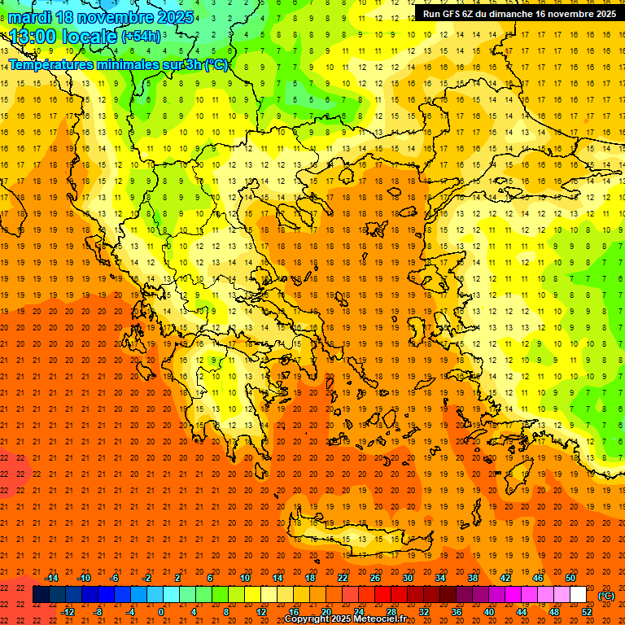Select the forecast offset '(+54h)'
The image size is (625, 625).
[142, 36]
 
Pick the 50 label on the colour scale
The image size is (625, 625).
[570, 578]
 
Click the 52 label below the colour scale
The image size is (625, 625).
[587, 612]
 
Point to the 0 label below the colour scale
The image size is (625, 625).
[162, 612]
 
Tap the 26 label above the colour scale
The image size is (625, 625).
[375, 578]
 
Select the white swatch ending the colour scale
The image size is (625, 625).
[578, 595]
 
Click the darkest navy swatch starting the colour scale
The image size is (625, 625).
[41, 595]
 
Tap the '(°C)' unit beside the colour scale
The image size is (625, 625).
[606, 596]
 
